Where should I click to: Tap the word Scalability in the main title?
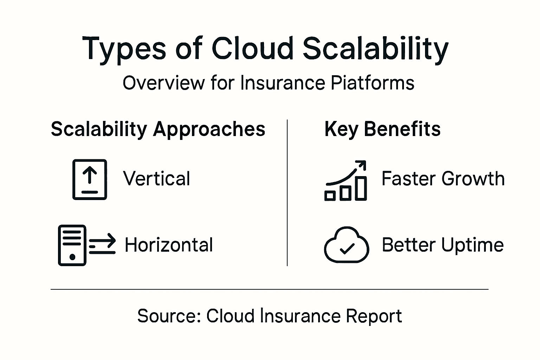tap(375, 49)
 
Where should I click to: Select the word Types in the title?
tap(124, 49)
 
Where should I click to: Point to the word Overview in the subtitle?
tap(163, 83)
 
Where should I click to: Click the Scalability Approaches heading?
tap(158, 129)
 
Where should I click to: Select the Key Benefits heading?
tap(382, 129)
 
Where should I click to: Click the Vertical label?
tap(156, 179)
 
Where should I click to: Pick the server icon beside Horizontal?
tap(72, 245)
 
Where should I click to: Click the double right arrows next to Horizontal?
tap(102, 244)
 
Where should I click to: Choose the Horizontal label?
tap(169, 245)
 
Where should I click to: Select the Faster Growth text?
tap(443, 179)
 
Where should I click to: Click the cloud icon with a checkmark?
tap(346, 245)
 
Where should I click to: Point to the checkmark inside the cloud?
tap(347, 249)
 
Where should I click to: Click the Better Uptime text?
tap(443, 245)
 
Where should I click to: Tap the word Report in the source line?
tap(374, 316)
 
